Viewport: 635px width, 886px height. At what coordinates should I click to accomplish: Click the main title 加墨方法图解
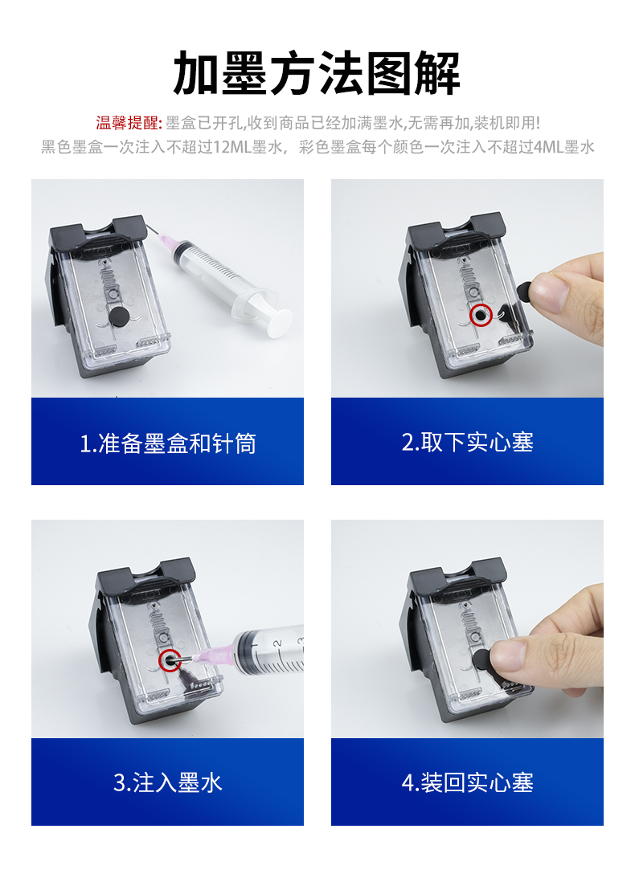317,73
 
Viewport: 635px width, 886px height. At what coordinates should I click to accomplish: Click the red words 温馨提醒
128,123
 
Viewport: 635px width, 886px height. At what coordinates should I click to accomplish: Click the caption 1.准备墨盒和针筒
167,443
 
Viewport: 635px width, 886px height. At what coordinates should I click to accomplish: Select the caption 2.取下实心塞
467,442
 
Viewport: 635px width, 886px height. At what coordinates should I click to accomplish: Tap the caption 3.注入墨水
167,782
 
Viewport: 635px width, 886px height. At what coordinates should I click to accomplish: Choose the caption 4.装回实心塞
467,782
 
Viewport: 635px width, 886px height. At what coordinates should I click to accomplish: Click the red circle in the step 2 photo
481,316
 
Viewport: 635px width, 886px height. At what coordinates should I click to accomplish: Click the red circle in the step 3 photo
170,660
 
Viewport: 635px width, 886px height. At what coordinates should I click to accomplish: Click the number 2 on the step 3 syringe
276,643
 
